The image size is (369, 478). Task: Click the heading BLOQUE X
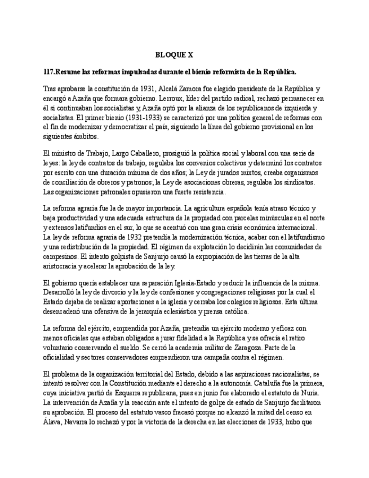[174, 55]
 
